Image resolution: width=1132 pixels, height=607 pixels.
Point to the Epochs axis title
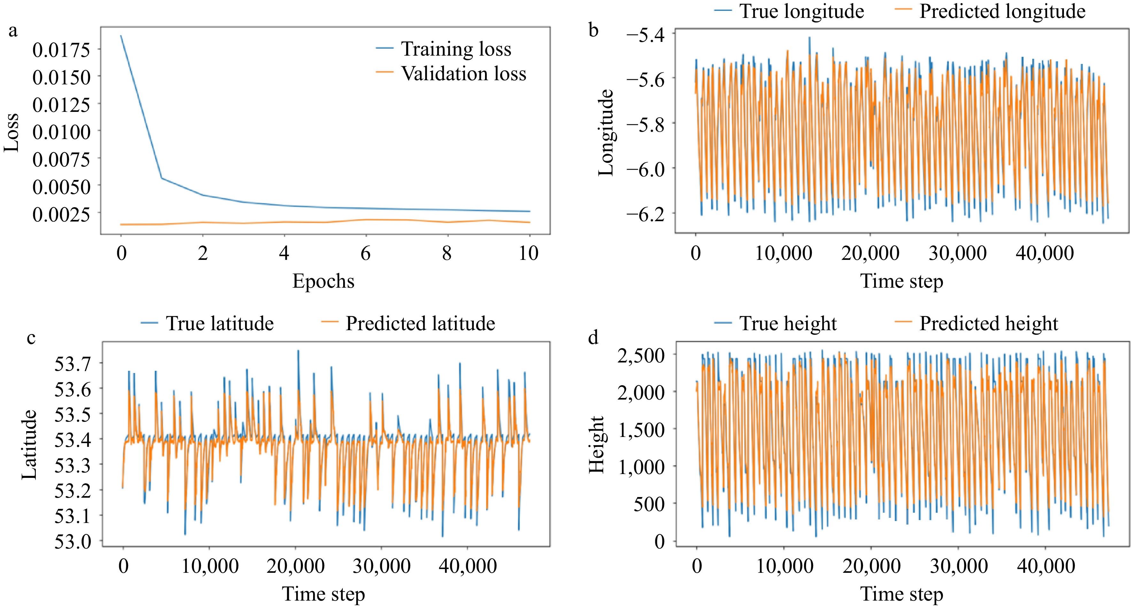(323, 281)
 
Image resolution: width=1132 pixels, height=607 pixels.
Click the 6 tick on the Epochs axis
(365, 253)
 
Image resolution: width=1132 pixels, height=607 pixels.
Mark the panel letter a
(13, 31)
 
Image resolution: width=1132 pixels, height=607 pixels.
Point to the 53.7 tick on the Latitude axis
(73, 364)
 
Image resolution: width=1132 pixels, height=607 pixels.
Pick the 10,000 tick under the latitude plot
(210, 566)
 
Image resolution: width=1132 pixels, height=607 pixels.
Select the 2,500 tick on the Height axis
(641, 355)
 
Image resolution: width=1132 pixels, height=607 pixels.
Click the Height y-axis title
(596, 444)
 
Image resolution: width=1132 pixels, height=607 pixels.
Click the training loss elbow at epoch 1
(162, 178)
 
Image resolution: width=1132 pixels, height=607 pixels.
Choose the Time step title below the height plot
(901, 594)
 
